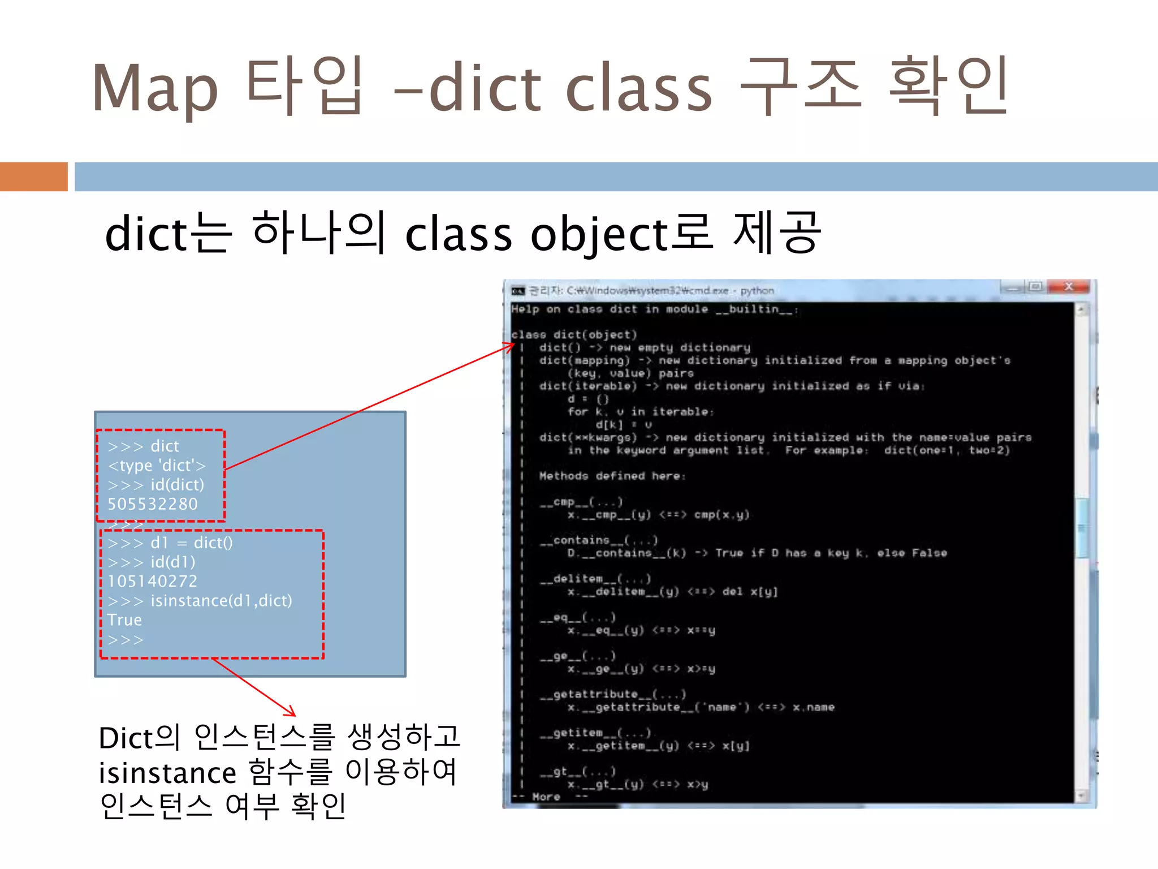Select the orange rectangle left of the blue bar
point(33,177)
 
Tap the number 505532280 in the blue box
point(153,504)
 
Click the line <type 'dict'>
point(157,466)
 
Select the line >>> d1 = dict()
point(170,543)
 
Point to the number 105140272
point(153,582)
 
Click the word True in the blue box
point(124,620)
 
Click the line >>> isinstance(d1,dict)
point(200,601)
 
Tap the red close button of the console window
point(1068,287)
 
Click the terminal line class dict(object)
point(574,335)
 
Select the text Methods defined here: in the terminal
point(612,476)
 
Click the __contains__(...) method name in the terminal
point(599,540)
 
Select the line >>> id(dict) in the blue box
point(155,485)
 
